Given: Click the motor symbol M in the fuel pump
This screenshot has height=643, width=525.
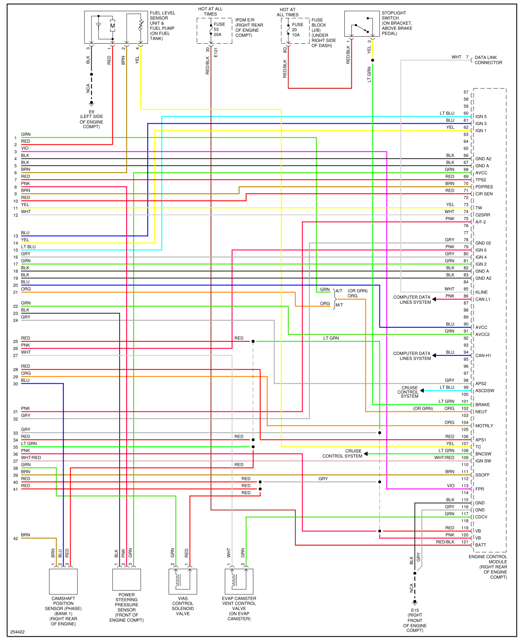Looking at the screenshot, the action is click(113, 26).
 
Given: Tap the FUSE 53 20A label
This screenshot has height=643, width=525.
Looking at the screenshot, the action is click(219, 29).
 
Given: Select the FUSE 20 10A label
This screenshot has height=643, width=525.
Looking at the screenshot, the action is click(297, 30).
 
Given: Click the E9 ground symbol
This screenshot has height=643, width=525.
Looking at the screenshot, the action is click(92, 103).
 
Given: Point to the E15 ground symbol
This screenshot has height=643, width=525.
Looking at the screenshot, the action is click(415, 603).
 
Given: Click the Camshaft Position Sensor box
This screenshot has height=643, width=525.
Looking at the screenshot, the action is click(64, 582).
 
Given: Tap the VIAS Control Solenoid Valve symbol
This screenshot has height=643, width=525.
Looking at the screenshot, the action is click(183, 582).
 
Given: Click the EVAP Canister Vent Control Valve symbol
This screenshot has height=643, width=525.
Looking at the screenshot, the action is click(239, 582).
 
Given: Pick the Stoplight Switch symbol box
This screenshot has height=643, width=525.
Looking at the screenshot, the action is click(362, 24).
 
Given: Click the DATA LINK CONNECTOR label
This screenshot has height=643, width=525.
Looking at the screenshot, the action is click(488, 60).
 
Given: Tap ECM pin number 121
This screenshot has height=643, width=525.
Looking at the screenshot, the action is click(465, 542).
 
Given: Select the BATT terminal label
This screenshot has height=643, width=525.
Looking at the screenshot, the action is click(480, 545).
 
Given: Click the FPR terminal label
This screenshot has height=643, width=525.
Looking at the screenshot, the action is click(480, 489).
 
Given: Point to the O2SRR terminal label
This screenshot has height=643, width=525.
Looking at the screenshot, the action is click(483, 215).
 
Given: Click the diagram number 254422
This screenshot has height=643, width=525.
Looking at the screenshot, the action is click(17, 632).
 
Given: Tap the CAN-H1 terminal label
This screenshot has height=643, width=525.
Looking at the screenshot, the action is click(483, 355).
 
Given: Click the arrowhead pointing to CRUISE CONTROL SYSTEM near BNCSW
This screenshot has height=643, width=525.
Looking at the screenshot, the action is click(366, 454).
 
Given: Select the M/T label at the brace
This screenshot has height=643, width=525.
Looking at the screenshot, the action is click(339, 305).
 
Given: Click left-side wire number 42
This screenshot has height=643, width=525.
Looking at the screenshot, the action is click(16, 539).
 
